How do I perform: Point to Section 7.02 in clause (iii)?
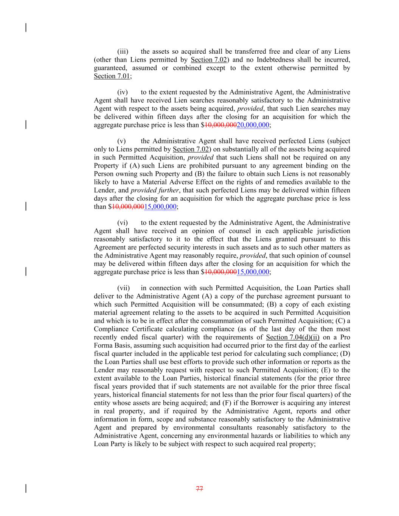pos(208,60)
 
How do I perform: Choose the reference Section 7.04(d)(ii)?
pos(292,337)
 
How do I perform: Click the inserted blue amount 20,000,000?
pos(253,125)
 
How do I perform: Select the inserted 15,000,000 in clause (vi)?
pos(253,272)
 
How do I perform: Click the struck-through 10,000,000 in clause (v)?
pos(128,207)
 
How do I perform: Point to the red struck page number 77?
pos(199,488)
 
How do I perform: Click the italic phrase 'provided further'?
pos(154,190)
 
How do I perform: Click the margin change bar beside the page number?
pos(26,488)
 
